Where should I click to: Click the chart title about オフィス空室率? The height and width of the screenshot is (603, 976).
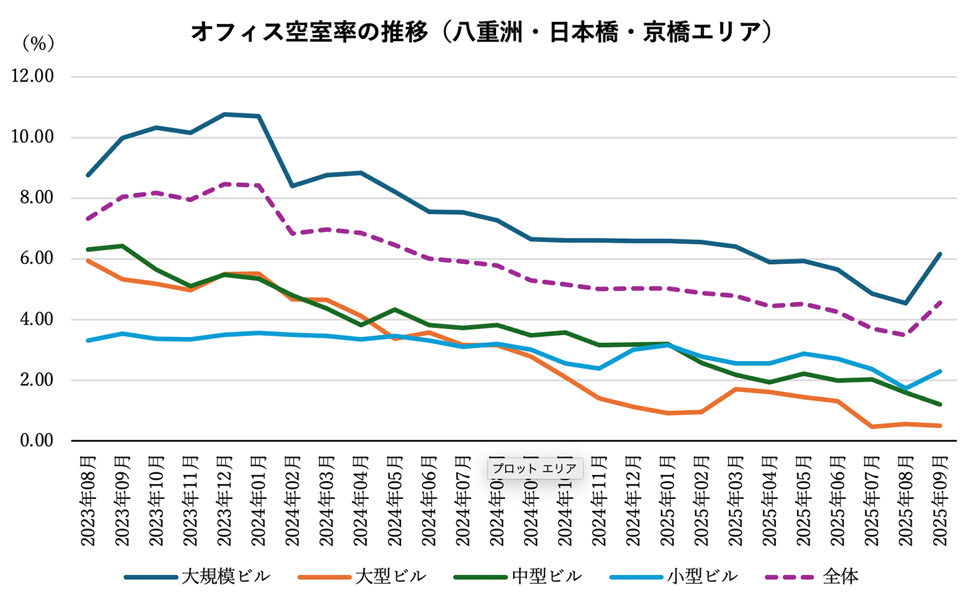(482, 32)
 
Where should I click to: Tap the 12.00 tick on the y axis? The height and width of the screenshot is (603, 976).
(32, 76)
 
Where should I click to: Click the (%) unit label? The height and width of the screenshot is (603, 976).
(37, 44)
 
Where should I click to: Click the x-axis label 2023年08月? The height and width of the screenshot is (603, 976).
(88, 501)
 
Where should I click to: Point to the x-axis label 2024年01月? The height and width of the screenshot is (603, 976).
(259, 501)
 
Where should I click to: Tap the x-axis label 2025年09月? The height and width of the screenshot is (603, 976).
(940, 501)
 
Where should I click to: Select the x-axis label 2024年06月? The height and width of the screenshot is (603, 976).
(429, 501)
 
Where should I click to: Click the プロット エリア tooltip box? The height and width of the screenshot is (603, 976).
(535, 468)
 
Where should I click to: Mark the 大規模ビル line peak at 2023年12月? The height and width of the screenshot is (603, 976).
(224, 115)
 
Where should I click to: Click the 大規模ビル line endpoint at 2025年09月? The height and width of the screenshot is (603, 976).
(940, 254)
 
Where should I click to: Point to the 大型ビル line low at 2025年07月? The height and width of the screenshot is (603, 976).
(872, 427)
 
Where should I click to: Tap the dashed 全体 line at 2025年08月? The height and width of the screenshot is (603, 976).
(906, 335)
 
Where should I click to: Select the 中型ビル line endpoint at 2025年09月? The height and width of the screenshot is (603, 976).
(940, 404)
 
